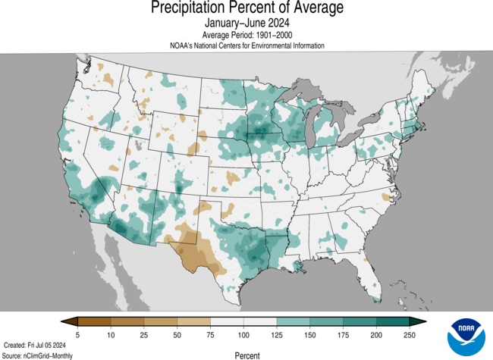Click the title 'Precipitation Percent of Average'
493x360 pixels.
pyautogui.click(x=246, y=8)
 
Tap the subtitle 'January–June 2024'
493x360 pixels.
pyautogui.click(x=246, y=23)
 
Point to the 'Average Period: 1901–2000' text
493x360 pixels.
pyautogui.click(x=246, y=35)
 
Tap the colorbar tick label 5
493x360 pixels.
pyautogui.click(x=78, y=334)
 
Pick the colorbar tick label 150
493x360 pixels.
pyautogui.click(x=310, y=334)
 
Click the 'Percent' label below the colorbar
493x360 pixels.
pyautogui.click(x=246, y=355)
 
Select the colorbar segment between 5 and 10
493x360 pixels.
pyautogui.click(x=94, y=321)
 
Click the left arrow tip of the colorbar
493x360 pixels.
pyautogui.click(x=62, y=321)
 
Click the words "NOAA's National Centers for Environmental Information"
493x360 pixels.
pyautogui.click(x=246, y=45)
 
